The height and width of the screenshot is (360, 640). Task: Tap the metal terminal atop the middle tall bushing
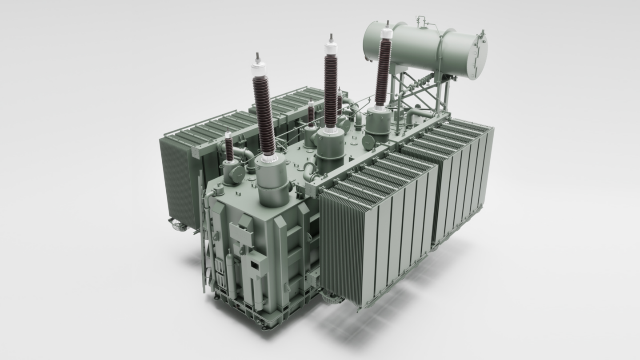331,37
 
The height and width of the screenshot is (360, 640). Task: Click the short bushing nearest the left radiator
229,147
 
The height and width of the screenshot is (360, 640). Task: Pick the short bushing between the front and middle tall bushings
311,113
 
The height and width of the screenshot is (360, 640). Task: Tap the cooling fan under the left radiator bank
178,225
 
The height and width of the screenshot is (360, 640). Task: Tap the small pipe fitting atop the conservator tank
420,20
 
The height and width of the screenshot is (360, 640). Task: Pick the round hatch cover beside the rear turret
368,142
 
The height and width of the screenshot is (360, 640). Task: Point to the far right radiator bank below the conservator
462,178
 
